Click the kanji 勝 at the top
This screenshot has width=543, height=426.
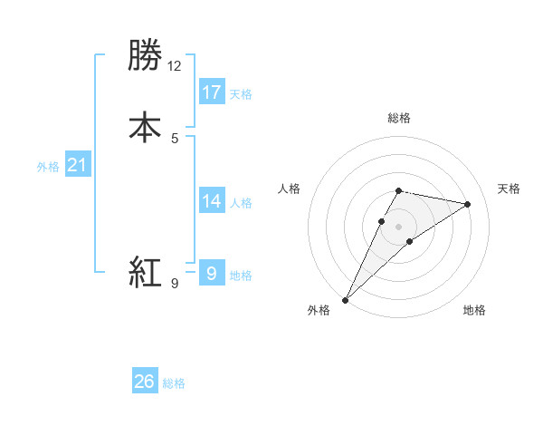coord(145,56)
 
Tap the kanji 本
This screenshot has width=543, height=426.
coord(145,127)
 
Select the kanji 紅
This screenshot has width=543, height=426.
coord(145,272)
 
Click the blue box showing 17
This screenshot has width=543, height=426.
coord(212,92)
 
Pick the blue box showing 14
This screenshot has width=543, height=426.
coord(212,201)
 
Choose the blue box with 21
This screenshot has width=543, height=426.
coord(77,165)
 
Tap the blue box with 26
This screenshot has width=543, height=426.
coord(145,382)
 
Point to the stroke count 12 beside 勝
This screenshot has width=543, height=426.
coord(175,66)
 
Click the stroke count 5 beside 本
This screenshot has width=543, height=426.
coord(175,138)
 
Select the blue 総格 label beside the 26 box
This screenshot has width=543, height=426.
coord(174,383)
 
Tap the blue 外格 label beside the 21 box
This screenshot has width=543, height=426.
coord(48,167)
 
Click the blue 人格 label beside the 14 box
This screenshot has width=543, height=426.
coord(241,203)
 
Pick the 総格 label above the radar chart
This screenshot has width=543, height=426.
coord(398,118)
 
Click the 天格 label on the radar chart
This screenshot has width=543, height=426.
coord(509,189)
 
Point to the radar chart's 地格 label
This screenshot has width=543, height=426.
coord(474,310)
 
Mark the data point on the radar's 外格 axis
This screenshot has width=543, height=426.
coord(346,300)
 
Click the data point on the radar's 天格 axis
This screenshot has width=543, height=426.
coord(468,204)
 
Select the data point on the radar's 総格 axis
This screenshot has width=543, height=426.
coord(398,190)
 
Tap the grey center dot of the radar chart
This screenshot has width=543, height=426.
coord(398,227)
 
